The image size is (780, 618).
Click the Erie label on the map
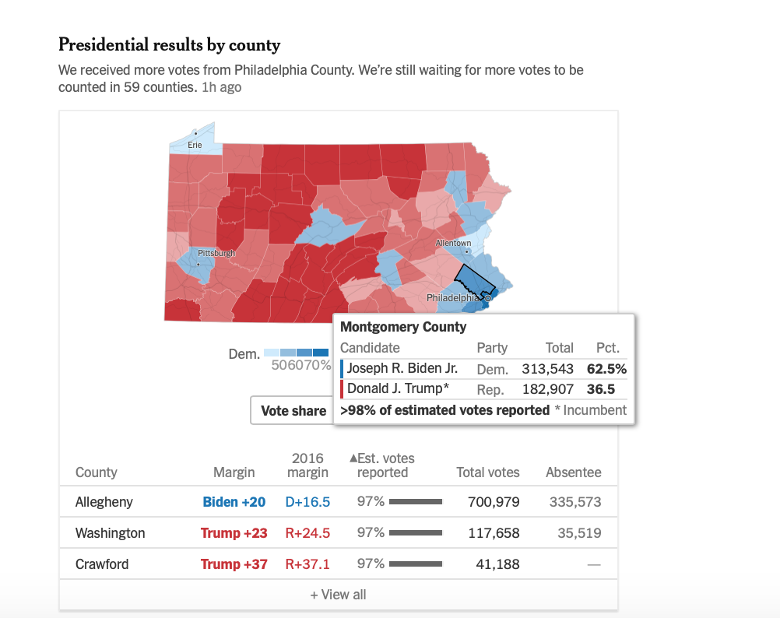(195, 146)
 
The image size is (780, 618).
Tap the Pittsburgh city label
(216, 254)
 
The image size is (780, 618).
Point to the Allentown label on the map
(452, 244)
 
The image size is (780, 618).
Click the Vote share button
(293, 411)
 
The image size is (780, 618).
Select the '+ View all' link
(338, 595)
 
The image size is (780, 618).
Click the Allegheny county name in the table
(104, 502)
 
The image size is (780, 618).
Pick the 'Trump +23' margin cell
(234, 533)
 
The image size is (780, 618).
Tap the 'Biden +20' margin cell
(234, 502)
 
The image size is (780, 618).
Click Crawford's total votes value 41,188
(497, 564)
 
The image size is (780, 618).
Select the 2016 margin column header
(307, 465)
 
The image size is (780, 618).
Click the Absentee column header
(574, 472)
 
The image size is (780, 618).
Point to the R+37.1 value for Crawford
(307, 564)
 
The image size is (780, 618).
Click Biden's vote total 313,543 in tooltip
(547, 369)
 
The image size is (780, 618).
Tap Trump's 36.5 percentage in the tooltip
(603, 389)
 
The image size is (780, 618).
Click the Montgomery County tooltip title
(403, 327)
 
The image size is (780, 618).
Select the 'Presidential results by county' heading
(170, 45)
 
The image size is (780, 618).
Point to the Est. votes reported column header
(383, 465)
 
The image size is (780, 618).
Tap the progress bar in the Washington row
(415, 533)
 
